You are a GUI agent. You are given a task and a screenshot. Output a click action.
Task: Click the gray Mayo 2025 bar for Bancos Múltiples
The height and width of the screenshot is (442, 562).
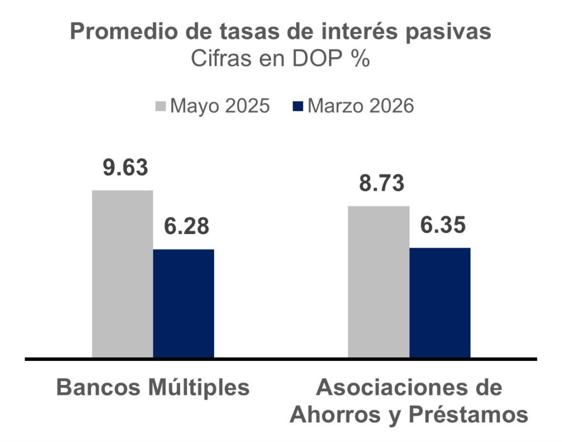(x=122, y=274)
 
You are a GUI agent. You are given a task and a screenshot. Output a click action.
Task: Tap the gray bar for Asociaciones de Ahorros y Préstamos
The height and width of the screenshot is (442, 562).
(x=378, y=282)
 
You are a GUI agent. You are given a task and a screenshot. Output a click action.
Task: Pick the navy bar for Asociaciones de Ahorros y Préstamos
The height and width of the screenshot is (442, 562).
(x=440, y=303)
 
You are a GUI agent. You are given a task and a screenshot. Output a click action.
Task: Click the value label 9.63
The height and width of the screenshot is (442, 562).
(x=126, y=168)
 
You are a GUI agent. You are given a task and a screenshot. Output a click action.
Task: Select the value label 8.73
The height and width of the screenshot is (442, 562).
(x=381, y=183)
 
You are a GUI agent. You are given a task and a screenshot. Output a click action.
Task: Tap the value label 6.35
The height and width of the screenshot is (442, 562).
(x=443, y=225)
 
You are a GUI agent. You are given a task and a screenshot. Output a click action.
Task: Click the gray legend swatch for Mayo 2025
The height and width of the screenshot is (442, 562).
(x=162, y=106)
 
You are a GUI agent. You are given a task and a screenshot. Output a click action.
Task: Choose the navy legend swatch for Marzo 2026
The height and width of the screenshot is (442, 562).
(x=299, y=106)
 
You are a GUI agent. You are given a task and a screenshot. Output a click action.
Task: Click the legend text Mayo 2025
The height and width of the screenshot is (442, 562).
(x=220, y=106)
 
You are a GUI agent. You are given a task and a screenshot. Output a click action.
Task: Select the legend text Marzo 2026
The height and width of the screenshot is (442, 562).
(x=361, y=106)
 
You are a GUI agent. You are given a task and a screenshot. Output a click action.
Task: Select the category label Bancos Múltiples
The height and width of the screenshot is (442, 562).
(x=153, y=388)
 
